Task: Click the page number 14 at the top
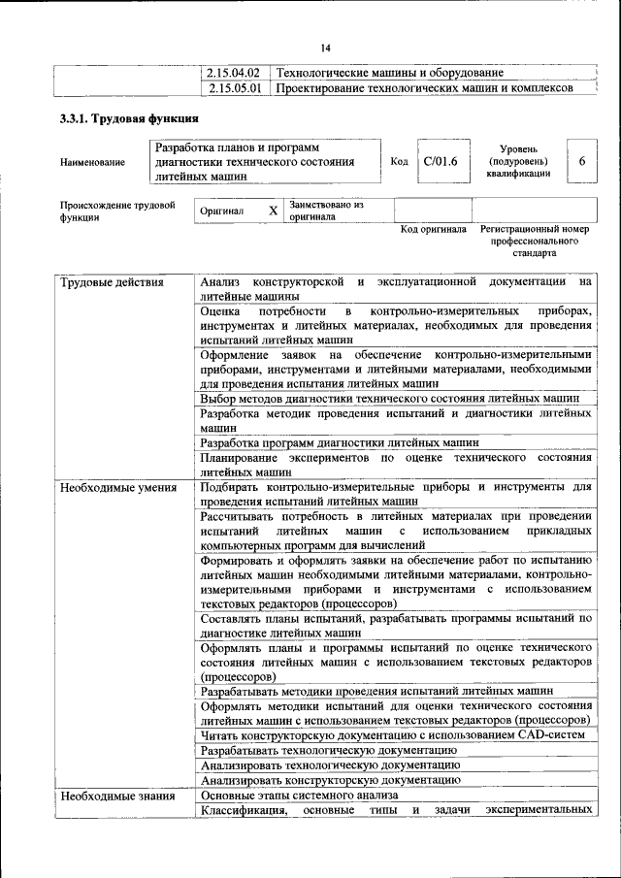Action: (x=326, y=49)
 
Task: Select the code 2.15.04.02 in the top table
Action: (x=235, y=73)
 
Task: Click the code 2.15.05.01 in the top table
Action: (x=235, y=88)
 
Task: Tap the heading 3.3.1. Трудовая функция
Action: (x=129, y=119)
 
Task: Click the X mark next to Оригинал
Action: (x=273, y=211)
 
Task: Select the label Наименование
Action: (x=92, y=162)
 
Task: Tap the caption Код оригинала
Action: (x=433, y=230)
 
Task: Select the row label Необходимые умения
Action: (x=117, y=487)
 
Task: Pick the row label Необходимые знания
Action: (x=116, y=796)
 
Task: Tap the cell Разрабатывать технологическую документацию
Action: (x=328, y=750)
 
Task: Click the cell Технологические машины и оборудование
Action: (x=390, y=73)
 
